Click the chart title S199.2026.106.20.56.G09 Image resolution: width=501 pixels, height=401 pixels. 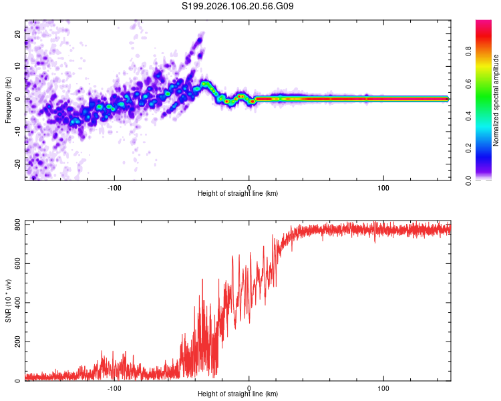click(238, 7)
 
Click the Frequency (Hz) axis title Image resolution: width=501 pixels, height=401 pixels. click(8, 100)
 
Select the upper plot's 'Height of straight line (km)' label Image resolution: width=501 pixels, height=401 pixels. click(238, 194)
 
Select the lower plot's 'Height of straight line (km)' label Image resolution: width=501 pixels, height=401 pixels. click(238, 394)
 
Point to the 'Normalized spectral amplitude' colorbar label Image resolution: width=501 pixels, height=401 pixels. click(496, 100)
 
